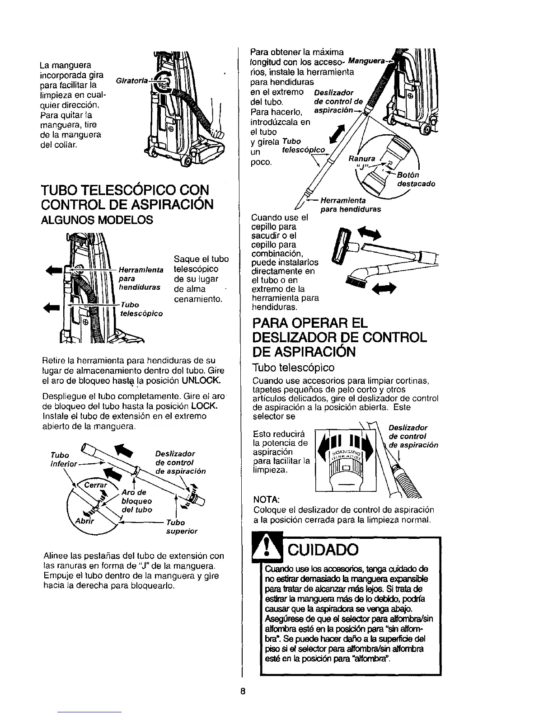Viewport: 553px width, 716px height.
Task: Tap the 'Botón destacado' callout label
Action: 415,179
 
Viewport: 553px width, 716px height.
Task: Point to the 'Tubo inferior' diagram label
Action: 63,459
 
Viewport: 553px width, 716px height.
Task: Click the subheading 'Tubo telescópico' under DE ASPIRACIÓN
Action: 294,367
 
